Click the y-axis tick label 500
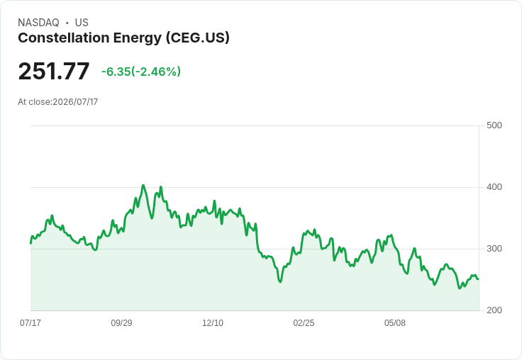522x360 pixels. pos(494,125)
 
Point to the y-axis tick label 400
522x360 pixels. pos(494,187)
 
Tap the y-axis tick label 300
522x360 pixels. pos(494,249)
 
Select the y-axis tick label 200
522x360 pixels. pos(494,310)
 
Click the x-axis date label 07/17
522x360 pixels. pos(30,322)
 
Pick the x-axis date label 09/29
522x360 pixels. pos(121,322)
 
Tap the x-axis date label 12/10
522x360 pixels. pos(213,322)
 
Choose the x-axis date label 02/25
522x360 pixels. pos(304,322)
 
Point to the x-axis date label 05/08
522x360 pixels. pos(395,322)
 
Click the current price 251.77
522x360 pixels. pos(54,71)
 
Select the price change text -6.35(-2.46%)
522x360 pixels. pos(141,72)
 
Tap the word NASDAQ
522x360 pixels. pos(38,23)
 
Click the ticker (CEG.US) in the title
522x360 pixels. pos(198,38)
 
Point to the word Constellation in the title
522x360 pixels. pos(64,38)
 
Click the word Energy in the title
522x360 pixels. pos(138,38)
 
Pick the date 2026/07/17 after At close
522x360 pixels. pos(76,102)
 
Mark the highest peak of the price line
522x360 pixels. pos(143,186)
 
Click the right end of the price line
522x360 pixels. pos(479,279)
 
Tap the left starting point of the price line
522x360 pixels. pos(31,244)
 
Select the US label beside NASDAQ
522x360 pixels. pos(82,23)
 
